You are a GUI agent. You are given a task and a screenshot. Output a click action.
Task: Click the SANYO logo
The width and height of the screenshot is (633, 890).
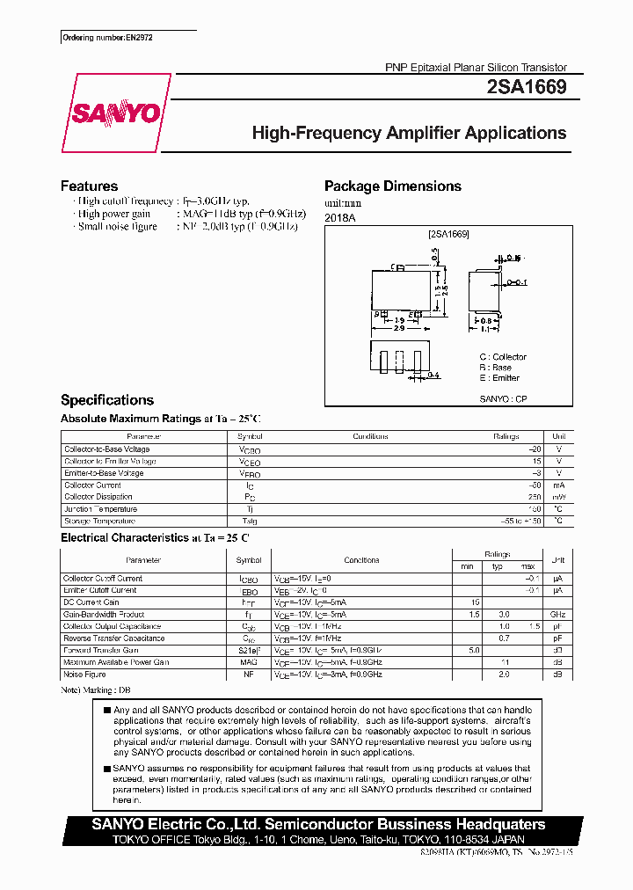click(115, 113)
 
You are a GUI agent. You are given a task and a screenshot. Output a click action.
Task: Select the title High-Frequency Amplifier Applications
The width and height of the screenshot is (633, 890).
click(409, 134)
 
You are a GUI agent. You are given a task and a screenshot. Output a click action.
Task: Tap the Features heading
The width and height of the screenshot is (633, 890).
click(89, 186)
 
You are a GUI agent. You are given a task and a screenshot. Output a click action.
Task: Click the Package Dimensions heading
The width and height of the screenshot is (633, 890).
click(392, 186)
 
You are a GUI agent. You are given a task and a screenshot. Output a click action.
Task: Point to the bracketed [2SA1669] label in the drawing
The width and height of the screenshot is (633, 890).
click(448, 234)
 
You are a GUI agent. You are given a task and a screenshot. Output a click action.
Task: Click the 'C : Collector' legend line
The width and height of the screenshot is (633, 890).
click(503, 357)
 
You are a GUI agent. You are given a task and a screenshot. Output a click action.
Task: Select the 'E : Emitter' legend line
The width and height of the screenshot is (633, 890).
click(499, 378)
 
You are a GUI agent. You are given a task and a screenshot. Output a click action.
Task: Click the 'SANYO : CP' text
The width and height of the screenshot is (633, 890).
click(503, 398)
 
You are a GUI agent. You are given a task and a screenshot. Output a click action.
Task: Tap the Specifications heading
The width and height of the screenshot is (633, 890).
click(106, 399)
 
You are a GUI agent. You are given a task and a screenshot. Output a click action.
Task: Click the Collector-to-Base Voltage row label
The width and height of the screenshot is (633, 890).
click(106, 449)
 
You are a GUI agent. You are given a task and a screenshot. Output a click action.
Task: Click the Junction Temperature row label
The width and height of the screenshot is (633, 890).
click(100, 509)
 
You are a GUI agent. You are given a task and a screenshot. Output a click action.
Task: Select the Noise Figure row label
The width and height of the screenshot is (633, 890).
click(84, 675)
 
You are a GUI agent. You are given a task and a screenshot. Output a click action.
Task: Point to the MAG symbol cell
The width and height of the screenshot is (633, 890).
click(249, 662)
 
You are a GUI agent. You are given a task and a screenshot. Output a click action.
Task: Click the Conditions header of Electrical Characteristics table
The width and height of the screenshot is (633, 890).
click(361, 560)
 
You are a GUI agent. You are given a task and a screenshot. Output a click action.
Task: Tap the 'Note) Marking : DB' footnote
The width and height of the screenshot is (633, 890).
click(96, 691)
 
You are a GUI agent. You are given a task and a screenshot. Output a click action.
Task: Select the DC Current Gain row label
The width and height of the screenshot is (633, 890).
click(91, 602)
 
